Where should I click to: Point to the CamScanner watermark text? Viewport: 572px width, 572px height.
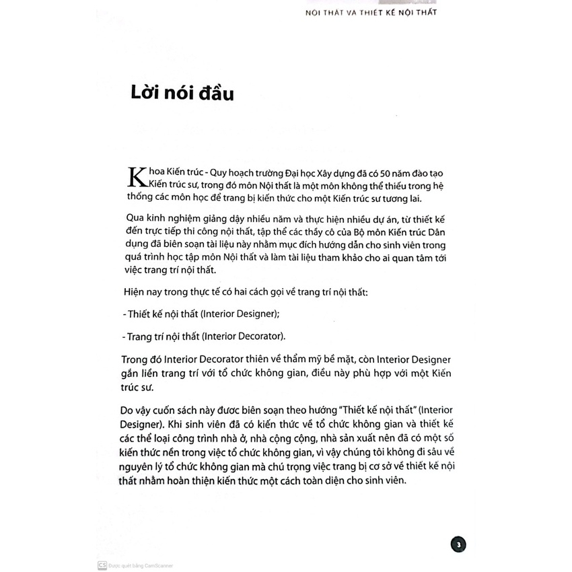[141, 566]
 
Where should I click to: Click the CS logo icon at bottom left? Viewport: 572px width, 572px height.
[102, 566]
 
